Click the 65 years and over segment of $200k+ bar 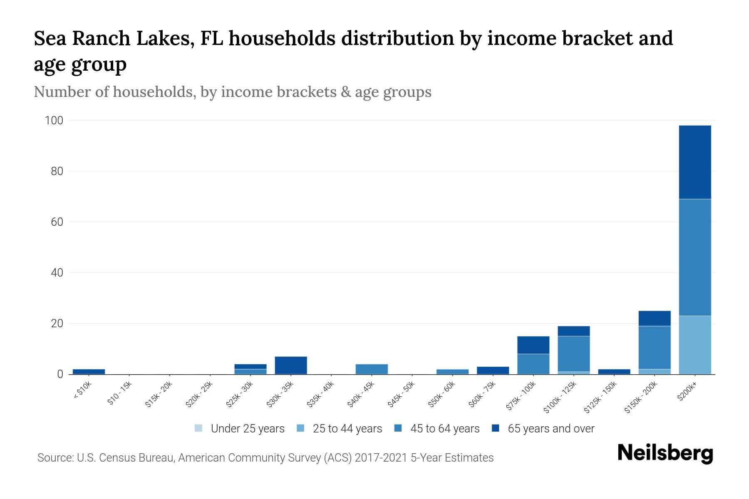tap(694, 162)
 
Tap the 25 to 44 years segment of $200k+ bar tap(694, 345)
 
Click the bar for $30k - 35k tap(291, 365)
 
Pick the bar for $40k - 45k tap(372, 369)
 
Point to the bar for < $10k tap(89, 371)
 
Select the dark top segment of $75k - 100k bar tap(533, 345)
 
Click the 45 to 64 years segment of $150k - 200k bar tap(654, 347)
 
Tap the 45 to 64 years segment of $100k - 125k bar tap(573, 353)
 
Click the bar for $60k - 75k tap(493, 370)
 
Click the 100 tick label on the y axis tap(54, 121)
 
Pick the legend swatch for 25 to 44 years tap(300, 428)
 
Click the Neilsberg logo tap(665, 453)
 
